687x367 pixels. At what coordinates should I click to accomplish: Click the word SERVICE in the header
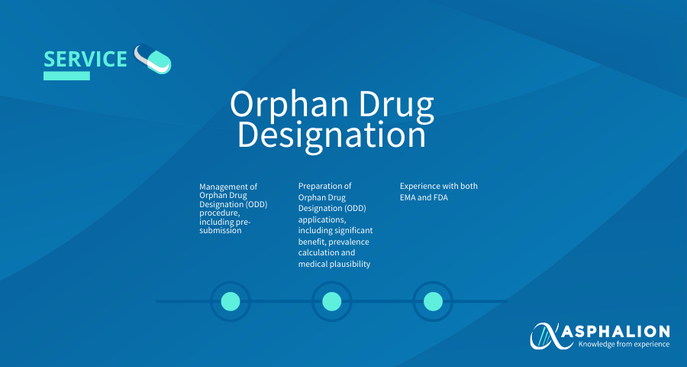tap(85, 59)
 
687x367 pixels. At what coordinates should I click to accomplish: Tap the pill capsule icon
tap(153, 59)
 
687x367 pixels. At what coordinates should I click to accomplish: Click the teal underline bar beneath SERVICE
tap(66, 76)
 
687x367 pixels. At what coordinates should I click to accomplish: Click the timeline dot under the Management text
tap(231, 301)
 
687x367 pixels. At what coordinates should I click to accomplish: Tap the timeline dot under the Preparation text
tap(332, 301)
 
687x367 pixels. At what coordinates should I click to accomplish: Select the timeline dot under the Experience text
tap(433, 301)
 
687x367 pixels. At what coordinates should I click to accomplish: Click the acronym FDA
tap(440, 197)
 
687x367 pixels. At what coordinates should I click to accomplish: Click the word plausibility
tap(350, 264)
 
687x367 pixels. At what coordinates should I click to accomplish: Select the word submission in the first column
tap(221, 230)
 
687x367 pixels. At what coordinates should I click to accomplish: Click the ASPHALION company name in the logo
tap(615, 331)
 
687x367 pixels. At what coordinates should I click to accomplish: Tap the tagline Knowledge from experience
tap(624, 344)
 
